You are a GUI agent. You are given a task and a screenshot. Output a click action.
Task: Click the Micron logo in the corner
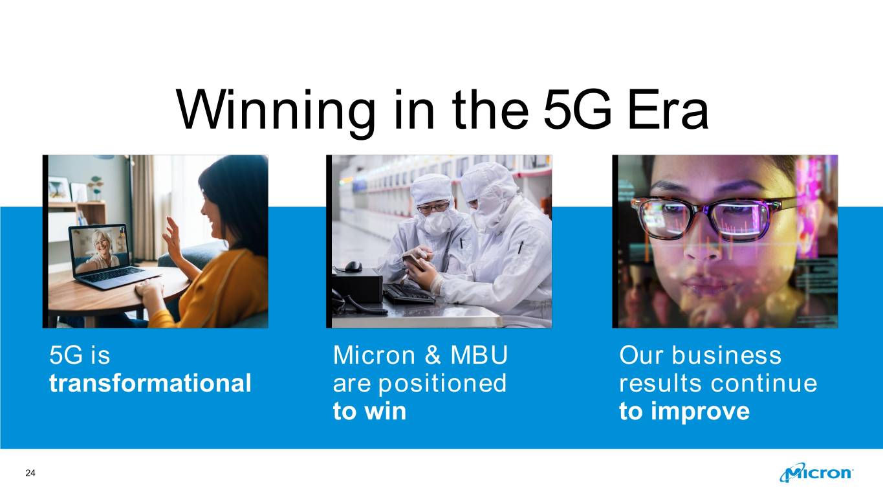pos(816,472)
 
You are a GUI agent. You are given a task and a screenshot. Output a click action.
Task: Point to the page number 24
pos(30,473)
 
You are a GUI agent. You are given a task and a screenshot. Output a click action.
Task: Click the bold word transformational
pos(150,383)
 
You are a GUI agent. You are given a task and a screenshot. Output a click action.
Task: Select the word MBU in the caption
pos(479,355)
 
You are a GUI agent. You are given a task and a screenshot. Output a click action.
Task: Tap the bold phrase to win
pos(369,411)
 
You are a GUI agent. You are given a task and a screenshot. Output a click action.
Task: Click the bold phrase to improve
pos(684,412)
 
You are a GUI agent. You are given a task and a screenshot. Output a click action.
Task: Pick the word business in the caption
pos(726,355)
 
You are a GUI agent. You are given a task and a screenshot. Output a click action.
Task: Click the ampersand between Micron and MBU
pos(433,355)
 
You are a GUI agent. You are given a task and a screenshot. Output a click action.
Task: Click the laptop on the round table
pos(113,256)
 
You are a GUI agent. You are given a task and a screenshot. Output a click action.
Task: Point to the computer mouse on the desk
pos(353,267)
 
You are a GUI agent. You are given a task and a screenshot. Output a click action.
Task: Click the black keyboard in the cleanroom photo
pos(409,294)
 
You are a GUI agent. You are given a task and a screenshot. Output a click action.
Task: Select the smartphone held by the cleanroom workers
pos(413,261)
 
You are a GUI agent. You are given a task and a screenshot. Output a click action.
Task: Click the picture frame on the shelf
pos(59,190)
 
